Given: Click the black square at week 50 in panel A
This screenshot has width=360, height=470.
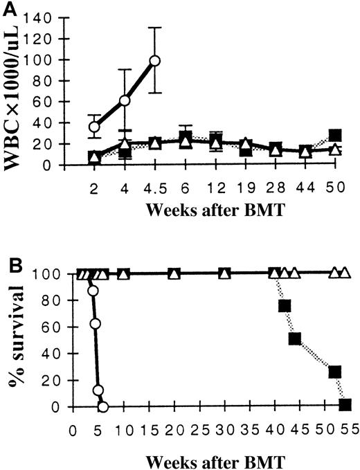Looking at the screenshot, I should point(335,135).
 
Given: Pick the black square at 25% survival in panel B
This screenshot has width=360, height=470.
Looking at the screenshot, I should point(336,372).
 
